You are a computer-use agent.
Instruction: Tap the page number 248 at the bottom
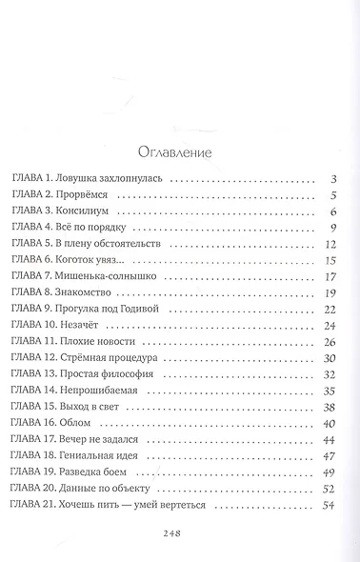coord(180,534)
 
